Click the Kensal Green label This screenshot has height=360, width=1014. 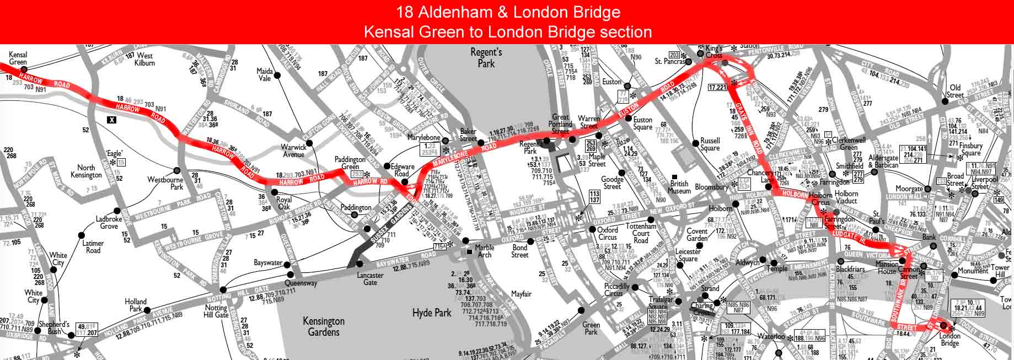[18, 58]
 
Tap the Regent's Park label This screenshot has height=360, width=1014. [486, 58]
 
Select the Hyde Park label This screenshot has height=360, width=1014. [431, 313]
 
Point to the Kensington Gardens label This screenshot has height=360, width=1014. [324, 326]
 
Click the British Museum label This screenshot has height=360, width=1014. [679, 187]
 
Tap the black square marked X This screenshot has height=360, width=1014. [112, 119]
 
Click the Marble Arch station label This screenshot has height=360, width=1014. [485, 251]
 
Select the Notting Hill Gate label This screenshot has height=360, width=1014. [216, 311]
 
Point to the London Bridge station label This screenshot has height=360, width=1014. [949, 340]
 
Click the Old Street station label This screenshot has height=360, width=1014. [955, 91]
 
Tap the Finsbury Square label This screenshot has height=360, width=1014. [971, 149]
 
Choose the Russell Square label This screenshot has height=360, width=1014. [710, 144]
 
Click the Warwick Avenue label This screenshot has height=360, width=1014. [293, 151]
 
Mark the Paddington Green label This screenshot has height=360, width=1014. [350, 163]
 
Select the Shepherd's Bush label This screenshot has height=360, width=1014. [53, 328]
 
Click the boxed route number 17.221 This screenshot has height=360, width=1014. [718, 88]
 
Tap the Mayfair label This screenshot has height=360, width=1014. [521, 294]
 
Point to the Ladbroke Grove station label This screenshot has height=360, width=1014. [109, 223]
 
